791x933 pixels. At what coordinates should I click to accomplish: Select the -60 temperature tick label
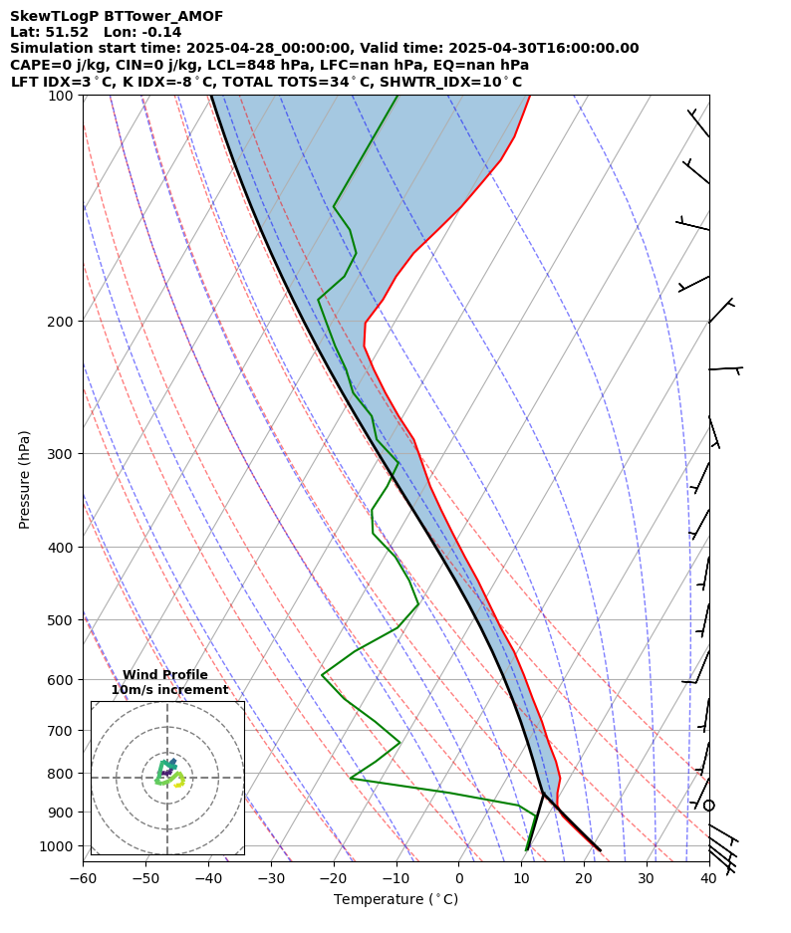coord(83,878)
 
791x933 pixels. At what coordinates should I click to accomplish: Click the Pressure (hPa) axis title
coord(24,479)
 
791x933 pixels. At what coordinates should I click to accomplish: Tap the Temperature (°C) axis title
coord(395,900)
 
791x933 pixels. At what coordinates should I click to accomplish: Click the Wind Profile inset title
coord(165,675)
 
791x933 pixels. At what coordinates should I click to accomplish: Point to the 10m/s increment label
coord(169,690)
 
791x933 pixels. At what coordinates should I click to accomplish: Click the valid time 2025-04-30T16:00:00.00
coord(542,48)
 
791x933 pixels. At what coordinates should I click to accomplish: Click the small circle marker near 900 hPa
coord(709,805)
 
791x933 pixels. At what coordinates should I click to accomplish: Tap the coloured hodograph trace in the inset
coord(167,774)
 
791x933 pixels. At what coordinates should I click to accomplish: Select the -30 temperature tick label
coord(271,878)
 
